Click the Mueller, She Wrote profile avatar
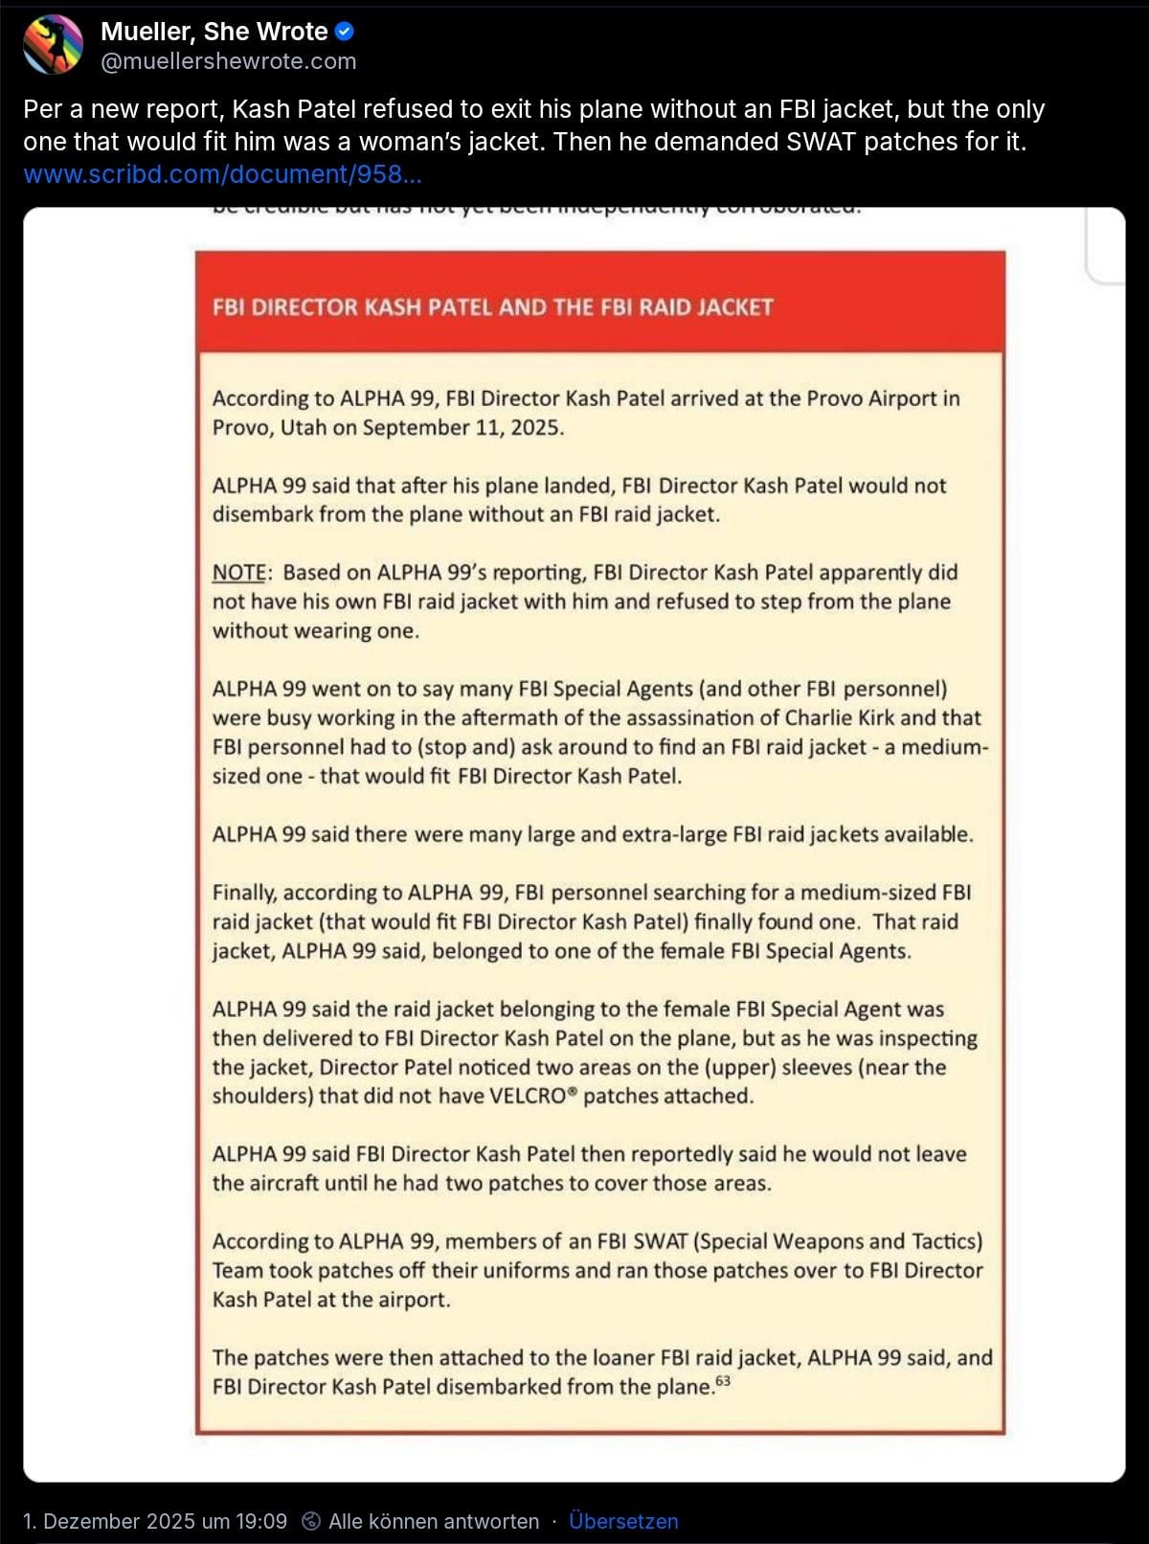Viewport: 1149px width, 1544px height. click(54, 45)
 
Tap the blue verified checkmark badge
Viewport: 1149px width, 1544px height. click(345, 32)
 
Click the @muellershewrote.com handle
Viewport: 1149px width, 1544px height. click(228, 61)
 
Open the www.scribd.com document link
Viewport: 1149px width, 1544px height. click(222, 174)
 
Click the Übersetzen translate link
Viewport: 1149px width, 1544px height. click(623, 1521)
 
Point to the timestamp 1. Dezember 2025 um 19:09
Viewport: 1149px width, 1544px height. click(155, 1521)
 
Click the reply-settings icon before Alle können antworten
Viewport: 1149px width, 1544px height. click(311, 1521)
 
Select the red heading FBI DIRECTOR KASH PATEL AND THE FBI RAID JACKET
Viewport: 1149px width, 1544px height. click(492, 307)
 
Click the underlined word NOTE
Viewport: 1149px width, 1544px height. click(239, 573)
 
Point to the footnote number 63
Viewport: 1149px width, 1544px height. click(723, 1380)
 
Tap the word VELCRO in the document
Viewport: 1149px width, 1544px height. click(529, 1097)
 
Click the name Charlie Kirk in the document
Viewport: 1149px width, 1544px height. click(839, 718)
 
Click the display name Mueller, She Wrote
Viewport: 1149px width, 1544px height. click(214, 32)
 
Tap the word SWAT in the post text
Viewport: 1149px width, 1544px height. click(822, 142)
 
